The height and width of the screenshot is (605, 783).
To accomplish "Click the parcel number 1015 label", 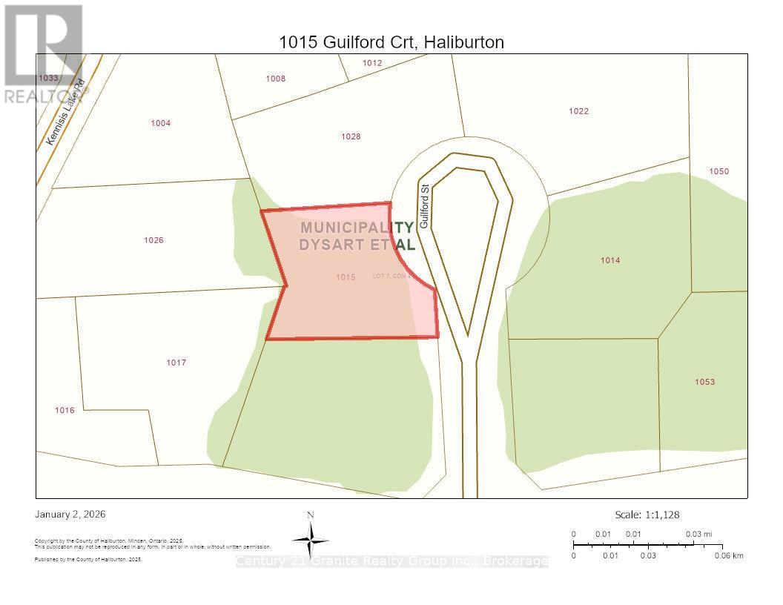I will pyautogui.click(x=346, y=277).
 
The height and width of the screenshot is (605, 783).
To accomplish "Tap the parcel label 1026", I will pyautogui.click(x=153, y=240).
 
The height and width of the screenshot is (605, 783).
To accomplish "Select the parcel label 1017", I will pyautogui.click(x=176, y=363).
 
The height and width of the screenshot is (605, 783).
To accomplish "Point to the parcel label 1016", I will pyautogui.click(x=65, y=410).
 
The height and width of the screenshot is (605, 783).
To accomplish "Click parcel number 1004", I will pyautogui.click(x=160, y=123).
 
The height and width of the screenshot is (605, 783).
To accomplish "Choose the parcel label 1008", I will pyautogui.click(x=275, y=79).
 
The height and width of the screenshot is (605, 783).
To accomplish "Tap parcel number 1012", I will pyautogui.click(x=372, y=63).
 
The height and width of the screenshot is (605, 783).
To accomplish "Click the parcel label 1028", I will pyautogui.click(x=351, y=136).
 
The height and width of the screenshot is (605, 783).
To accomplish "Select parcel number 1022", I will pyautogui.click(x=578, y=111).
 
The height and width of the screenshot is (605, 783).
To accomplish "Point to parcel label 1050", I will pyautogui.click(x=718, y=171).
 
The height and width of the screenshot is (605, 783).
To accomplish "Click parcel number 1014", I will pyautogui.click(x=610, y=260).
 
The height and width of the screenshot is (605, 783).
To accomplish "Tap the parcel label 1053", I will pyautogui.click(x=704, y=382).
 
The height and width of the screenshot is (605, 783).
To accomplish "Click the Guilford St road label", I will pyautogui.click(x=425, y=206).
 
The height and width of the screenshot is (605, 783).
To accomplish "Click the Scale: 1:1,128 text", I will pyautogui.click(x=647, y=515).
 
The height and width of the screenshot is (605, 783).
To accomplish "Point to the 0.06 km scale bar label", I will pyautogui.click(x=728, y=555).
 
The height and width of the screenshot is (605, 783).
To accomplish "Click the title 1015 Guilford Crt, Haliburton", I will pyautogui.click(x=391, y=42).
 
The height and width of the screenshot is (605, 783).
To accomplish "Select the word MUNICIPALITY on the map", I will pyautogui.click(x=357, y=228).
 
